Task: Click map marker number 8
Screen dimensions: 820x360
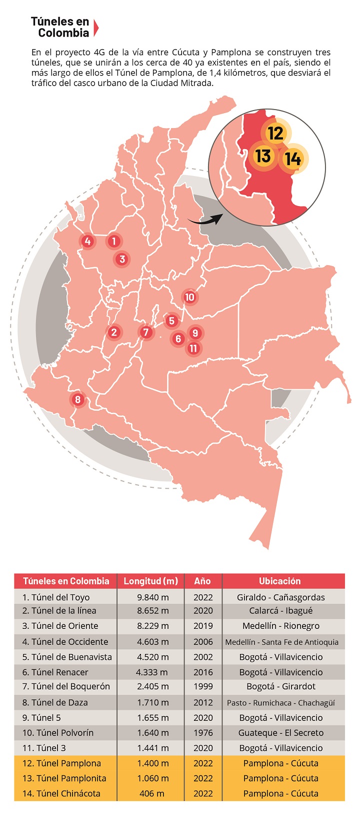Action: pos(78,400)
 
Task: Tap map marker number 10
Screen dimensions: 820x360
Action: pos(189,297)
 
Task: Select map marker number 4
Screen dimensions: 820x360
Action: pos(87,241)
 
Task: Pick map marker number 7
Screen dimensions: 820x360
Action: pos(146,332)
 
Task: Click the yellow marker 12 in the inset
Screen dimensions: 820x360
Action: pos(275,133)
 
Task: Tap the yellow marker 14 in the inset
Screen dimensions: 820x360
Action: pos(293,159)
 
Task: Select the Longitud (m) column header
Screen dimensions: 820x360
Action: pos(150,581)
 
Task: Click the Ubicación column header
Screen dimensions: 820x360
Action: pos(280,581)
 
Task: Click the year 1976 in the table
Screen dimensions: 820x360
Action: pos(203,733)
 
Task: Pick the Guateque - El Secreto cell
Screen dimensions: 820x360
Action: pos(281,733)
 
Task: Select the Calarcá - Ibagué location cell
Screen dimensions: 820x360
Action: pos(281,610)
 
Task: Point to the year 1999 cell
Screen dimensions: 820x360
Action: pos(203,686)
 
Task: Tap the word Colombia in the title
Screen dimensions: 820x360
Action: pos(63,33)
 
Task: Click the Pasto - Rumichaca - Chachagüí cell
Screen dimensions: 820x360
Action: pos(281,702)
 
